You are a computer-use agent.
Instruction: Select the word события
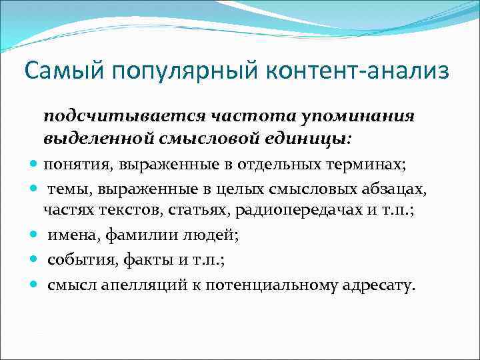pyautogui.click(x=73, y=259)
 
